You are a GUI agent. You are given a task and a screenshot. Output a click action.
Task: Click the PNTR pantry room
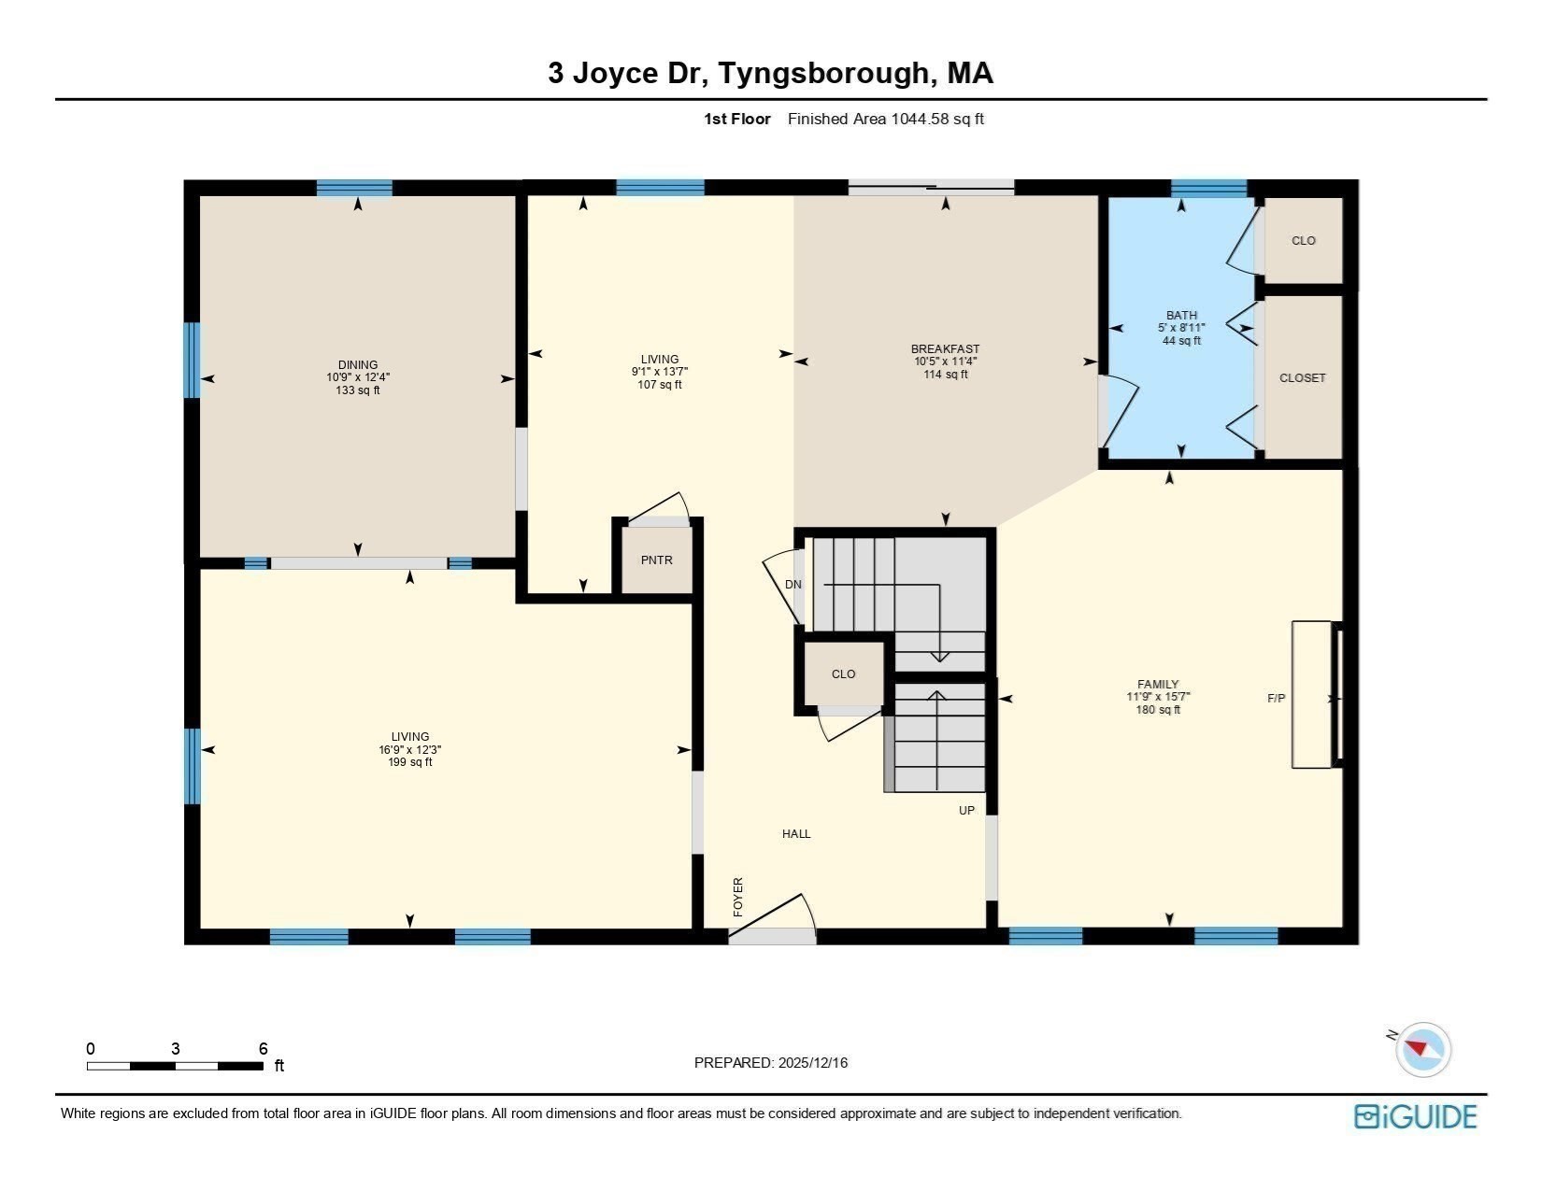656,560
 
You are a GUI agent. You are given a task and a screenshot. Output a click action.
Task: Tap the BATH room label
1181,316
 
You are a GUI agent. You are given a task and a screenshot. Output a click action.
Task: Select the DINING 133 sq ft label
358,390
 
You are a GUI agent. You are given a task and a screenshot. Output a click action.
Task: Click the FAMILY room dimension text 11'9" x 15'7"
1158,697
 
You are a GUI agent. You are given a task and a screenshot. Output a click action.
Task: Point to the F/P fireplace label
1276,698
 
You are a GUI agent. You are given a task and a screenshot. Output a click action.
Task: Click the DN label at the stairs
792,585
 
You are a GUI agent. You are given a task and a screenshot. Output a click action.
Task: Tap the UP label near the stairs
966,810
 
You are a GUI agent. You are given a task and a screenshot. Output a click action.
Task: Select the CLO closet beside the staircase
843,673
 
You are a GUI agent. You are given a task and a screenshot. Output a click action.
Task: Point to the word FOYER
738,896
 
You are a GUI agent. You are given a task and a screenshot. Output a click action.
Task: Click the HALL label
796,834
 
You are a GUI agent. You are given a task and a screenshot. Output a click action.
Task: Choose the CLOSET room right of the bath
1302,378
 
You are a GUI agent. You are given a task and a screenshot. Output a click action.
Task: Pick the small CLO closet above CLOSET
1303,241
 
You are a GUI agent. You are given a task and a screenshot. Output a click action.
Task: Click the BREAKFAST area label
945,349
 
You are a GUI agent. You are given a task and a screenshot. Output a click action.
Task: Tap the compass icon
1422,1048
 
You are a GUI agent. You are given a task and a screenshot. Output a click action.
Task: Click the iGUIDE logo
1416,1117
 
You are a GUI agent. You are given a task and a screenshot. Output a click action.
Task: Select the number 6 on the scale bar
264,1049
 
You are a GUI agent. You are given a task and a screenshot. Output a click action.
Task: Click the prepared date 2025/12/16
812,1063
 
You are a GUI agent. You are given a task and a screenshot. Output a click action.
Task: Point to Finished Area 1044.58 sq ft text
885,119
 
